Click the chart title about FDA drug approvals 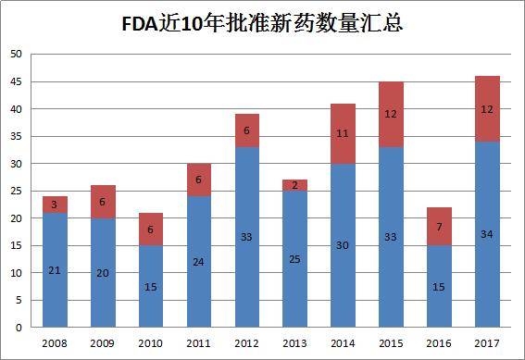point(262,21)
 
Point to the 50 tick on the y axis point(16,55)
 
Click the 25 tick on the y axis point(16,192)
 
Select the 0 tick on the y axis point(19,328)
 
